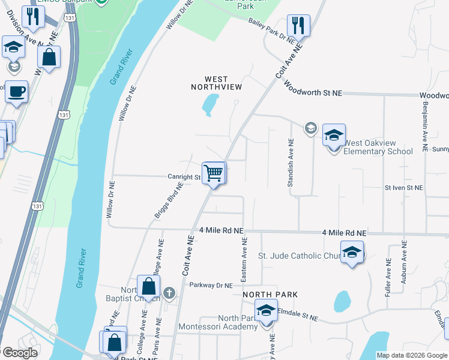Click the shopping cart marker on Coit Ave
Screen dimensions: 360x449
(214, 173)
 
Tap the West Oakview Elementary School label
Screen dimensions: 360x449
(378, 147)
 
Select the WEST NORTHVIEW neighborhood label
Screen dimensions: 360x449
(216, 83)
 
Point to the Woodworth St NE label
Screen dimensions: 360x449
(313, 89)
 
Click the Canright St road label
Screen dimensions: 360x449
(184, 177)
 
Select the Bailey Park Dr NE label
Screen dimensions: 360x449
(271, 29)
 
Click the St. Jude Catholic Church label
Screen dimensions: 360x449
(298, 256)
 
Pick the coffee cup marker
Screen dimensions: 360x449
(17, 91)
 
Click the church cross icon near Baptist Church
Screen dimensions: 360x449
(169, 293)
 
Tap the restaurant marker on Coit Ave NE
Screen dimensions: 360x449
(297, 26)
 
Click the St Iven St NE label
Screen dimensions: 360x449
(403, 188)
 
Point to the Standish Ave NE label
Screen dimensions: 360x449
(290, 164)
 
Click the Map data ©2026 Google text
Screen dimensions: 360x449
(412, 355)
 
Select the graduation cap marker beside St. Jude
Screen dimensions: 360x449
(352, 252)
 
